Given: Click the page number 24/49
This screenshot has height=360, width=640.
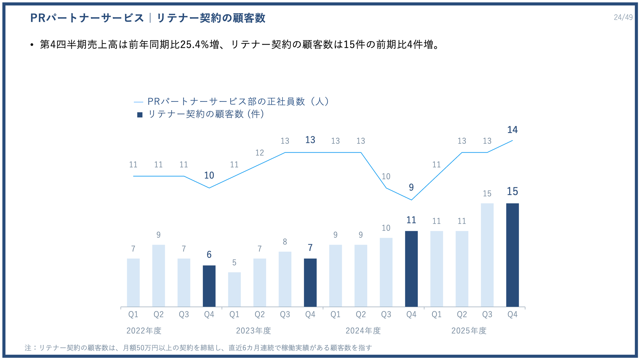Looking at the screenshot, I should (623, 17).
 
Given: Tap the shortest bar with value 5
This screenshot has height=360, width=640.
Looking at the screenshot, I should (234, 289).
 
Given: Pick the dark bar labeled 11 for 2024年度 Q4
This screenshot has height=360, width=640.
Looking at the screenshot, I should (411, 269).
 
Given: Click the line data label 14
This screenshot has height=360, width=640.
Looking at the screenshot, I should (512, 130).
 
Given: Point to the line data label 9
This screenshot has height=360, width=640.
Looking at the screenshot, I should (411, 187).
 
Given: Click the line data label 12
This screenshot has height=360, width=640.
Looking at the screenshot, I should (259, 153).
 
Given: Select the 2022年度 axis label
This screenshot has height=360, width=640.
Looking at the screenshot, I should (144, 331).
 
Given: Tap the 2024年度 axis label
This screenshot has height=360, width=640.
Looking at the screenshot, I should (363, 331).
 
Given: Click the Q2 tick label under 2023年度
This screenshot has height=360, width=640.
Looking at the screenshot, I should (259, 314).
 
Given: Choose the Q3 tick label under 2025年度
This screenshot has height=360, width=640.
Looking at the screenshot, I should (487, 314).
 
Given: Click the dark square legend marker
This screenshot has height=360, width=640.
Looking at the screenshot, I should (140, 115).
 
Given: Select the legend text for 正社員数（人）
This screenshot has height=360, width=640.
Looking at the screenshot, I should (238, 101).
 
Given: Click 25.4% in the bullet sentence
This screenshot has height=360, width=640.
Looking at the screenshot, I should (195, 45).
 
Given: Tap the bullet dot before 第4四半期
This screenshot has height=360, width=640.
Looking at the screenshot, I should (32, 45).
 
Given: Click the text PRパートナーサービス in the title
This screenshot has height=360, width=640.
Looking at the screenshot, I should (87, 18).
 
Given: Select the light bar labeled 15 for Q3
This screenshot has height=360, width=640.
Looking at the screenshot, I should (487, 255).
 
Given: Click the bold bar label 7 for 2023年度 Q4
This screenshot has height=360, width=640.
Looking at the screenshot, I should (310, 248).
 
